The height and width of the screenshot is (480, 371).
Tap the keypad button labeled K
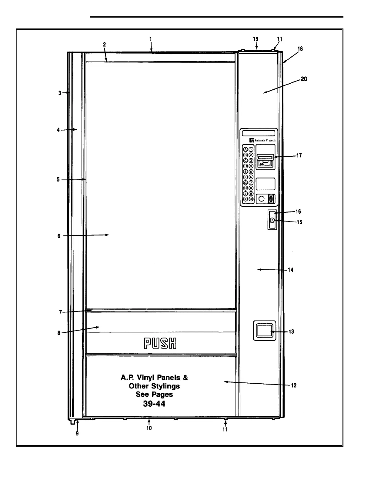click(x=246, y=199)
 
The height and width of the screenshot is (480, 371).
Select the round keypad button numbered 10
click(x=251, y=199)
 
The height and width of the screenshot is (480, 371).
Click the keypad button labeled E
click(x=246, y=172)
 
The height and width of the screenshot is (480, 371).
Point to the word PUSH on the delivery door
click(x=160, y=344)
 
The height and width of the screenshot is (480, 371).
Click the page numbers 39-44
click(x=154, y=404)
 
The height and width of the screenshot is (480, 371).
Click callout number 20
click(x=304, y=79)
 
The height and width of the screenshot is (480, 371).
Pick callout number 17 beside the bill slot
click(x=299, y=156)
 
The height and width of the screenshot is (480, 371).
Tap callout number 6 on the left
click(x=59, y=236)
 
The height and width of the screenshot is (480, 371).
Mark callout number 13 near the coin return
click(x=291, y=332)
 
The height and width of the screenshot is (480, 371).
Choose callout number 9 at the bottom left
click(x=77, y=434)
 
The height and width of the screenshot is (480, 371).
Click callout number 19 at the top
click(x=256, y=39)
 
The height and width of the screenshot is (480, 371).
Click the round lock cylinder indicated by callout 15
click(x=272, y=220)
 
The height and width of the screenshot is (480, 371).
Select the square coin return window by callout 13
click(x=264, y=330)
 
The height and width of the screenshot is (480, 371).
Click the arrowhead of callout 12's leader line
click(x=225, y=382)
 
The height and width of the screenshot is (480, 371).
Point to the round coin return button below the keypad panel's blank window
click(x=262, y=199)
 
